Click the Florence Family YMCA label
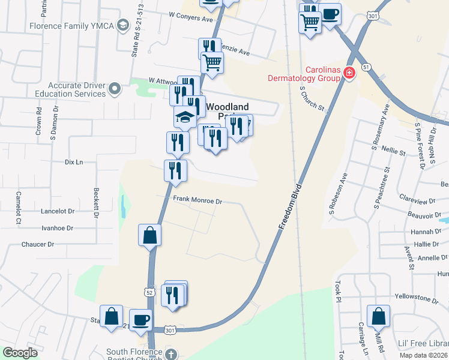71,26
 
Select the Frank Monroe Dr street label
197,202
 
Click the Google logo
20,352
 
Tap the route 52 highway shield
148,291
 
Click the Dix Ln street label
73,162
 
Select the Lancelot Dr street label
58,211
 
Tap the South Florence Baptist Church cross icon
171,354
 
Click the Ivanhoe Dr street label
57,228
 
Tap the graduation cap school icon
185,117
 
